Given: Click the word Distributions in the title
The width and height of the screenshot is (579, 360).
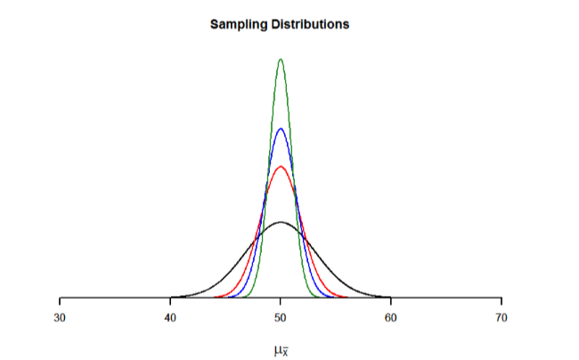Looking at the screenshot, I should (312, 24).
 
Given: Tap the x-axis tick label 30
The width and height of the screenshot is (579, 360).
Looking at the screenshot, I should (60, 317).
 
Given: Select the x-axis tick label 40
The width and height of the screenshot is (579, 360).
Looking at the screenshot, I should (170, 317).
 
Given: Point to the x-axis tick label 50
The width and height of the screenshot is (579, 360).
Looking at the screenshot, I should (281, 317).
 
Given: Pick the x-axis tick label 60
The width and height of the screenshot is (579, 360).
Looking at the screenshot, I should (391, 317).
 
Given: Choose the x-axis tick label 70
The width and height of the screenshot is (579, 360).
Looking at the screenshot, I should (502, 317).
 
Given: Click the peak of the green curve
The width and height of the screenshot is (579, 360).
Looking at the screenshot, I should (281, 60).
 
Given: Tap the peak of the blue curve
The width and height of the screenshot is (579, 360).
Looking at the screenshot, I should (281, 128).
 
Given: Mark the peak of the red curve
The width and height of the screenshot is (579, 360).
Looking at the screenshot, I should (281, 167).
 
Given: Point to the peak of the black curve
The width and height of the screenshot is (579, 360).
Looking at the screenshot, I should (281, 222).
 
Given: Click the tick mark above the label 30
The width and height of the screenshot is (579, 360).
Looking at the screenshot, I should (60, 301).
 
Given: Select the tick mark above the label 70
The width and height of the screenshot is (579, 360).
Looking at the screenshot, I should (502, 301).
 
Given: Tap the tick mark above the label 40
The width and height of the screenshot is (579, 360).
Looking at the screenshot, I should (170, 301).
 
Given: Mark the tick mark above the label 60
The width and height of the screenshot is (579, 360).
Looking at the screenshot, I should (391, 301).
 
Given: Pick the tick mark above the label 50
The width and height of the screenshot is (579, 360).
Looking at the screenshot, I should (281, 301).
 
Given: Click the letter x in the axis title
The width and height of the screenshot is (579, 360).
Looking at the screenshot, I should (285, 353).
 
